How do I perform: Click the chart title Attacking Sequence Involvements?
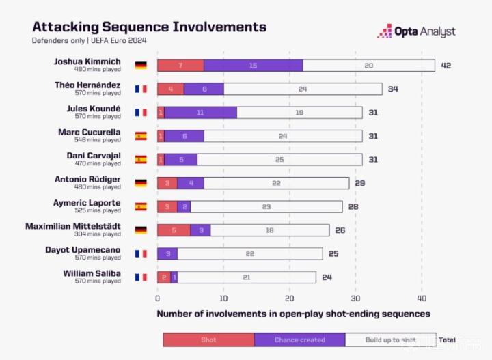[x=149, y=27]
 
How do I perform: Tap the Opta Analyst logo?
[x=417, y=31]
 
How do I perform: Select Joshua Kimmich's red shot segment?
[x=180, y=65]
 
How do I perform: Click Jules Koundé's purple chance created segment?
[x=200, y=112]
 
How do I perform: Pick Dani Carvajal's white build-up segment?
[x=279, y=159]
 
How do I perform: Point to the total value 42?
[x=446, y=66]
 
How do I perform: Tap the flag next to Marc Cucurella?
[x=141, y=136]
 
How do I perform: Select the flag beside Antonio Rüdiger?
[x=141, y=183]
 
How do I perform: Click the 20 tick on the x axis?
[x=289, y=299]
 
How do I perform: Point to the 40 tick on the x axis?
[x=422, y=299]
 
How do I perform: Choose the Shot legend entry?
[x=208, y=340]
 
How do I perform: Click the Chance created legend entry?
[x=299, y=340]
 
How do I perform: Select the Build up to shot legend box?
[x=390, y=340]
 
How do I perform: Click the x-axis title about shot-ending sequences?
[x=293, y=314]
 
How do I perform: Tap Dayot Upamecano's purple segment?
[x=167, y=253]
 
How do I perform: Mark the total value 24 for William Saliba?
[x=327, y=277]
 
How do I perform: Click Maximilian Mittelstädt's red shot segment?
[x=174, y=230]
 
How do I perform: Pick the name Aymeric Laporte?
[x=87, y=203]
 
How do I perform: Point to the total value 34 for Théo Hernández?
[x=393, y=89]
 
